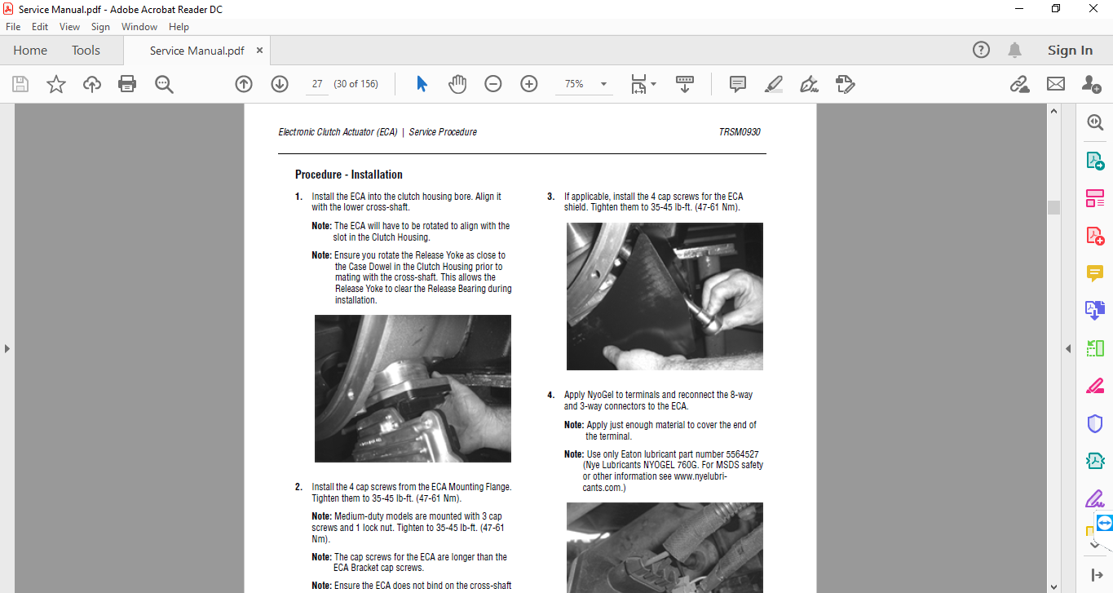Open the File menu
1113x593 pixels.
point(13,27)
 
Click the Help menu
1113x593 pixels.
point(179,27)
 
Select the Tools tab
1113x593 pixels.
point(86,51)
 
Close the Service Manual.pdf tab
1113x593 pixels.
point(259,51)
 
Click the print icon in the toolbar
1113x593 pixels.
point(127,84)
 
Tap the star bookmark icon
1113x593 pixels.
point(56,84)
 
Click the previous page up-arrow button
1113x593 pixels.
point(244,84)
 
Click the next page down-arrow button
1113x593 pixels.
point(280,84)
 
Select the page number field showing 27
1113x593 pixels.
point(317,84)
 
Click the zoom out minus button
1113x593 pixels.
point(492,84)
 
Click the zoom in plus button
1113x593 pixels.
point(529,84)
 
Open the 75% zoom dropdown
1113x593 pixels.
point(603,84)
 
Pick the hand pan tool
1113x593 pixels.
point(457,84)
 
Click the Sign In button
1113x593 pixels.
point(1070,51)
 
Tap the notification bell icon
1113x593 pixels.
point(1014,51)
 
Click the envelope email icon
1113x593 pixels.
point(1056,84)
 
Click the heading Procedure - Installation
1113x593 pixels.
point(349,175)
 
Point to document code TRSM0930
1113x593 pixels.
point(740,131)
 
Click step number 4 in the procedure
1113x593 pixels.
point(550,395)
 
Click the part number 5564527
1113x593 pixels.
point(742,454)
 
